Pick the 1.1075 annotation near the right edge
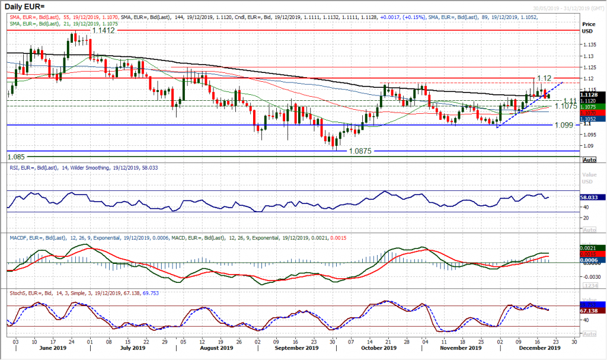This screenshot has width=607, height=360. [566, 106]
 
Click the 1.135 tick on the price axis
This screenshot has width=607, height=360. [589, 44]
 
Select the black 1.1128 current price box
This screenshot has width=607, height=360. [592, 95]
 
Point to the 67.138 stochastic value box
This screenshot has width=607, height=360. [592, 310]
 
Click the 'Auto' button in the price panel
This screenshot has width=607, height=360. [590, 160]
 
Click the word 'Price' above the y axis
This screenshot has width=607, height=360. [589, 24]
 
